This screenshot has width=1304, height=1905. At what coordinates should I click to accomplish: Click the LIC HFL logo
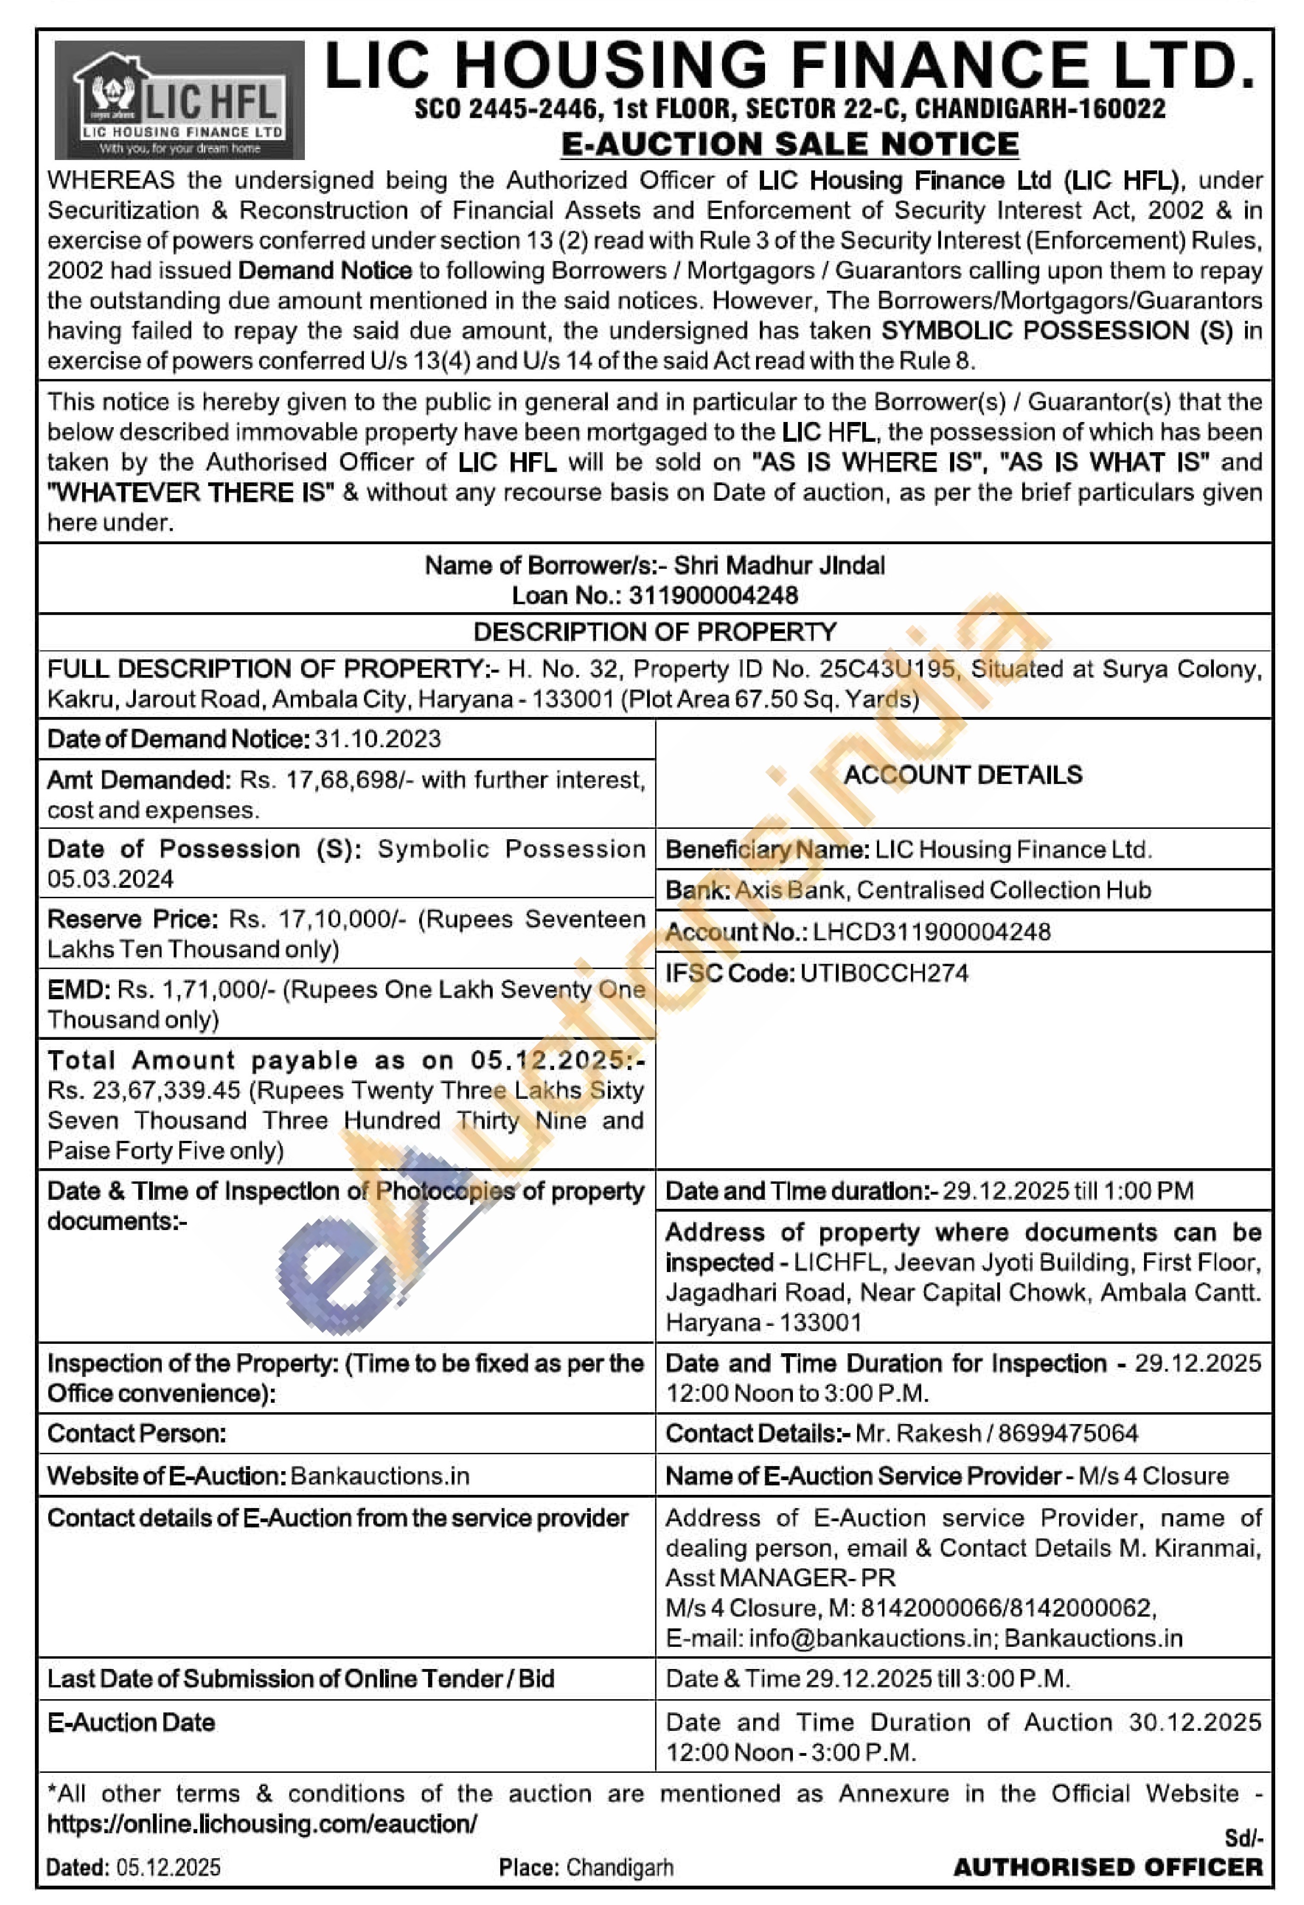[179, 100]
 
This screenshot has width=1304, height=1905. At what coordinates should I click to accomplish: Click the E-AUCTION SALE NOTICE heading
[789, 144]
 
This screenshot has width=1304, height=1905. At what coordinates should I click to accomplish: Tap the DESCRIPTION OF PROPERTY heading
[655, 632]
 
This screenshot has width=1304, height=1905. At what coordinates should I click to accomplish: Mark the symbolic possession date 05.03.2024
[110, 879]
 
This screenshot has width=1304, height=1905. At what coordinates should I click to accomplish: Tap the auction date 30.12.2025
[1194, 1722]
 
